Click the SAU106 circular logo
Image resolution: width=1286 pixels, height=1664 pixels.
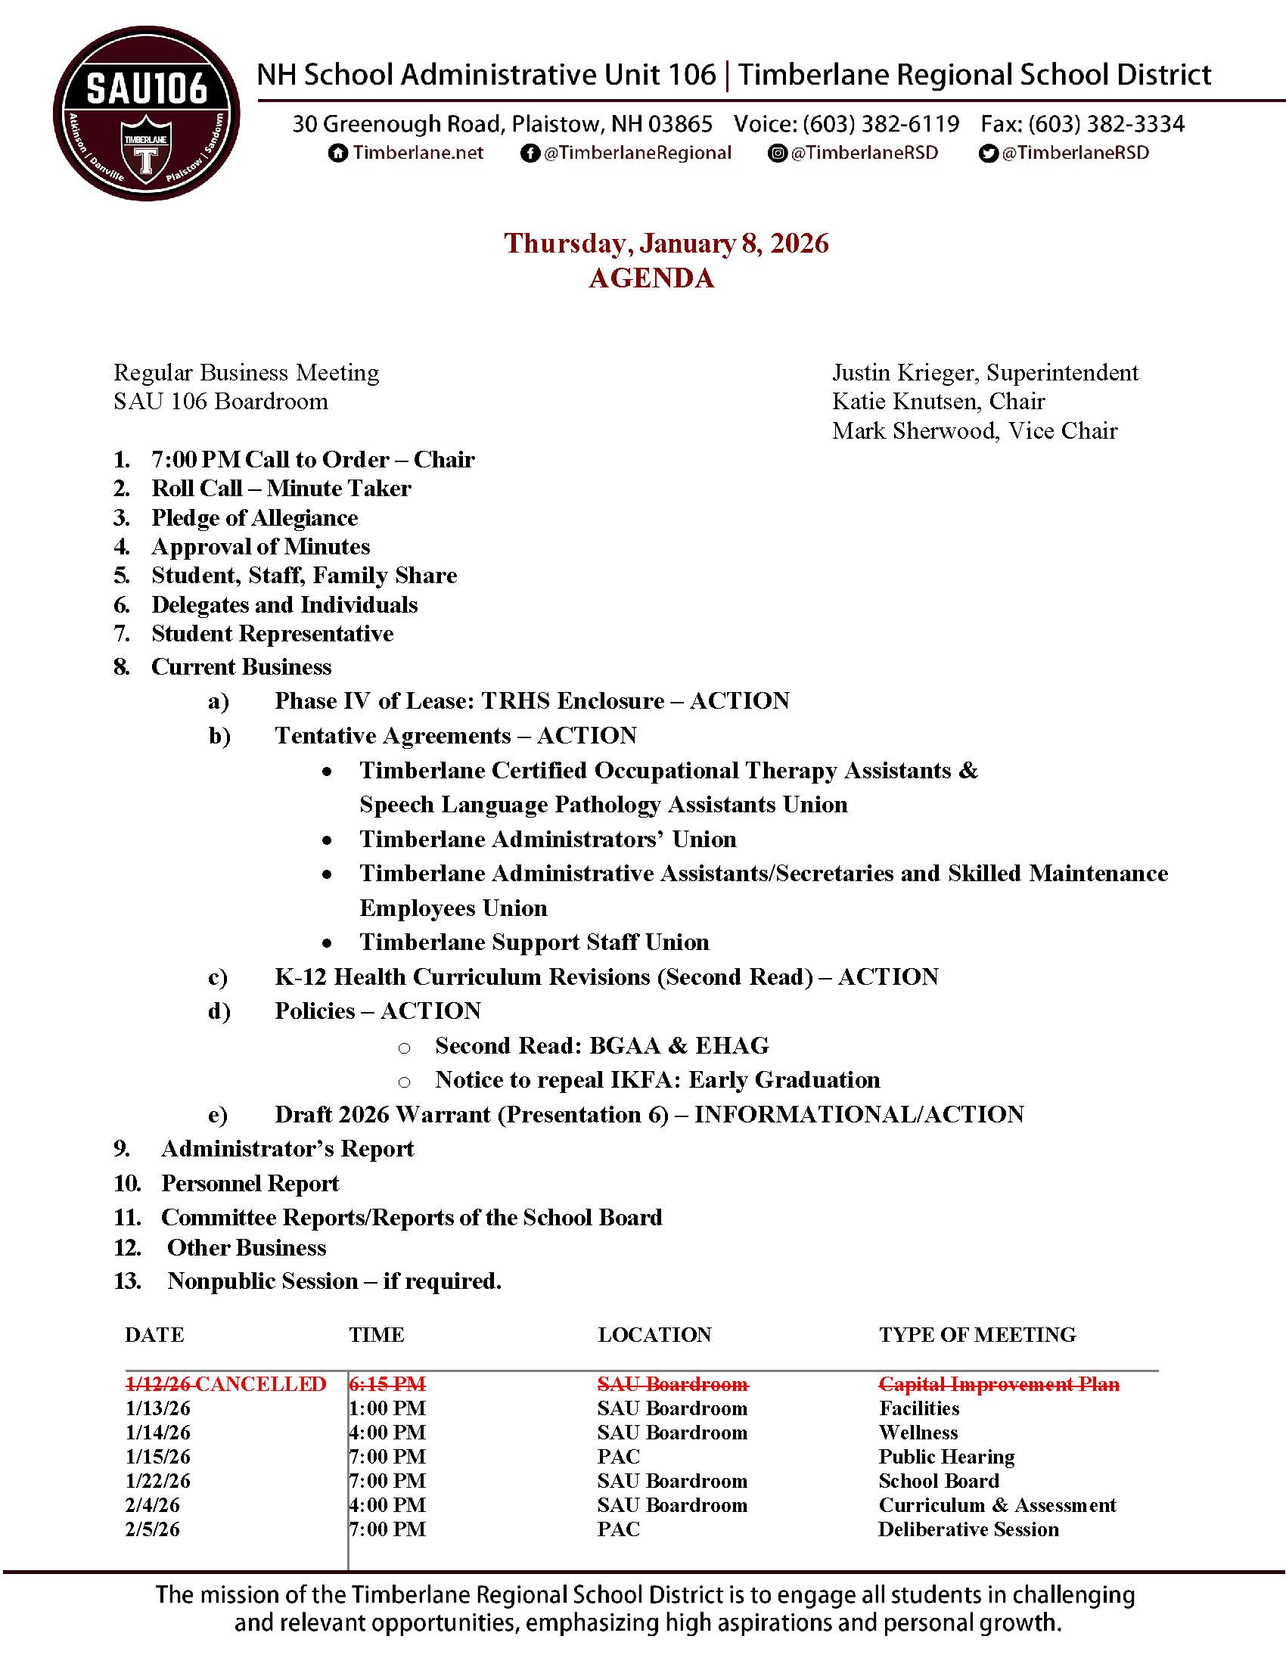pyautogui.click(x=146, y=114)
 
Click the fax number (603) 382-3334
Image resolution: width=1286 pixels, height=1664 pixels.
pyautogui.click(x=1106, y=124)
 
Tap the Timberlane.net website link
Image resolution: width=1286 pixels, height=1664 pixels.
pyautogui.click(x=418, y=153)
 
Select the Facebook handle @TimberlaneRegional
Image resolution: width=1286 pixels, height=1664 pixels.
pyautogui.click(x=637, y=153)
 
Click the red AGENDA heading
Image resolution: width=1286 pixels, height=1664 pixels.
pyautogui.click(x=651, y=278)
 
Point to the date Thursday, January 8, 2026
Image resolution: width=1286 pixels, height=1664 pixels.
pyautogui.click(x=666, y=244)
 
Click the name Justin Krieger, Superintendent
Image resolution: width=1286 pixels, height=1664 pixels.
pyautogui.click(x=985, y=373)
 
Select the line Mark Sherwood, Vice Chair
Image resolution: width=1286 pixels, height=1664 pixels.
pyautogui.click(x=974, y=431)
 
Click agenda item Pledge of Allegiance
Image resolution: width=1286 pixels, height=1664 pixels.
pyautogui.click(x=254, y=518)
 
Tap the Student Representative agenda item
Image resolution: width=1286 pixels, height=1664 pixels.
pyautogui.click(x=272, y=634)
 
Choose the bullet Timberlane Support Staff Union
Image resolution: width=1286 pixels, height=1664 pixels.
pyautogui.click(x=534, y=942)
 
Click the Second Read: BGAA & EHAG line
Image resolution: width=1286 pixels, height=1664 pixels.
pyautogui.click(x=602, y=1046)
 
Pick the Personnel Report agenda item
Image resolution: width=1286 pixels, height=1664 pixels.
pyautogui.click(x=250, y=1184)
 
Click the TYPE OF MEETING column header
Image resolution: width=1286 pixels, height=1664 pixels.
pyautogui.click(x=977, y=1335)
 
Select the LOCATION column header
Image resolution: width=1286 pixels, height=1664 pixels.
pyautogui.click(x=654, y=1335)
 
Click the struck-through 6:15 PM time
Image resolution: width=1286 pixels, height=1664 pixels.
pyautogui.click(x=388, y=1384)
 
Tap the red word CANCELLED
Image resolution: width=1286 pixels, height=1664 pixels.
pyautogui.click(x=261, y=1384)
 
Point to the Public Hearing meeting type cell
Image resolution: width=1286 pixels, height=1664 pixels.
pyautogui.click(x=946, y=1457)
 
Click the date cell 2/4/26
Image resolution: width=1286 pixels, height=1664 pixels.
pyautogui.click(x=152, y=1505)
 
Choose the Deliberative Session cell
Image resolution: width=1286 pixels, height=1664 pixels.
pyautogui.click(x=968, y=1530)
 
